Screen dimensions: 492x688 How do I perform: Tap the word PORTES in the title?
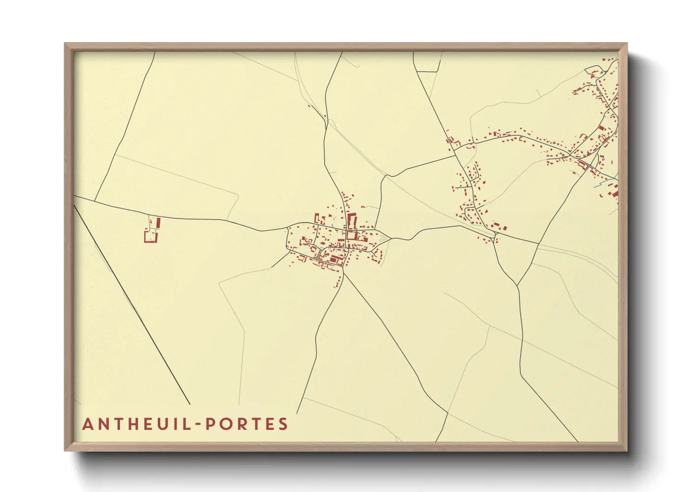tap(247, 424)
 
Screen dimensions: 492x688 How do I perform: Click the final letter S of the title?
tap(284, 424)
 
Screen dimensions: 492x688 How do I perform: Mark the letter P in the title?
tap(210, 424)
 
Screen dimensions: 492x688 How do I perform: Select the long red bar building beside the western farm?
tap(158, 224)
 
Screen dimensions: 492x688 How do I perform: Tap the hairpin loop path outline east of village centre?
tap(383, 239)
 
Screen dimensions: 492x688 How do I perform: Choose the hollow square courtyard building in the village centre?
tap(351, 235)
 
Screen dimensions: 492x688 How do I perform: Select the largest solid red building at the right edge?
tap(615, 191)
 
